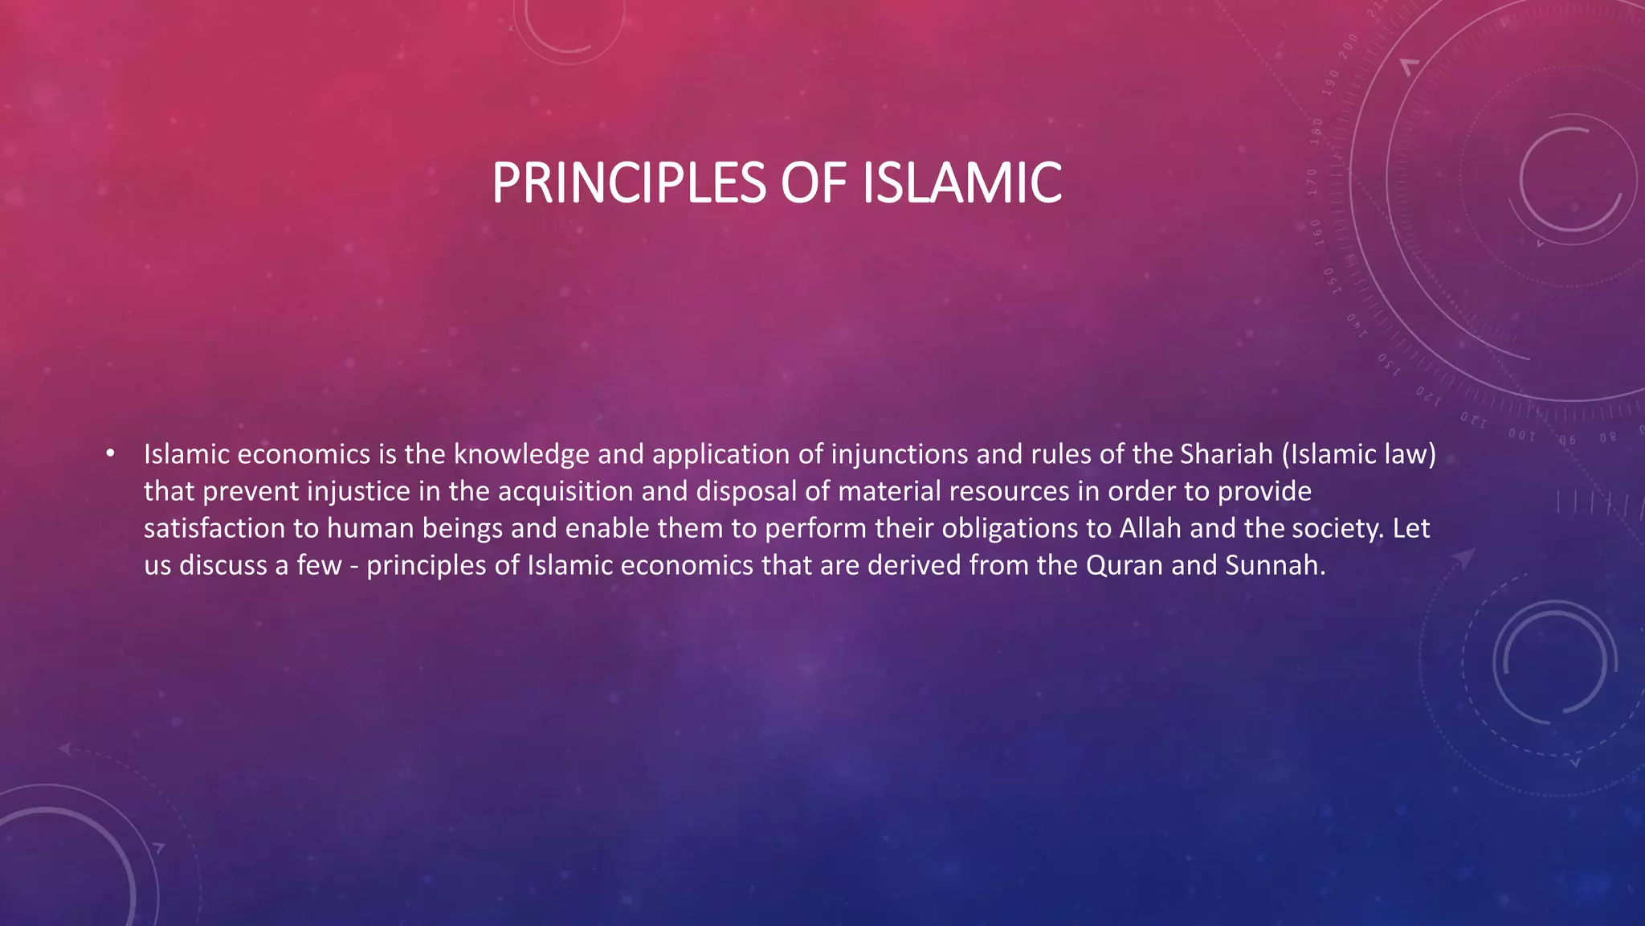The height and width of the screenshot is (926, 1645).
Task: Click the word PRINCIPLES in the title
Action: [629, 183]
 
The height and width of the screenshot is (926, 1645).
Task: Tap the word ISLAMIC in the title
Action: [961, 183]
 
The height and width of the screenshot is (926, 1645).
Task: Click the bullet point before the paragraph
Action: [110, 454]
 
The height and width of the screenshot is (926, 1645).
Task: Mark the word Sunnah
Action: [1274, 565]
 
